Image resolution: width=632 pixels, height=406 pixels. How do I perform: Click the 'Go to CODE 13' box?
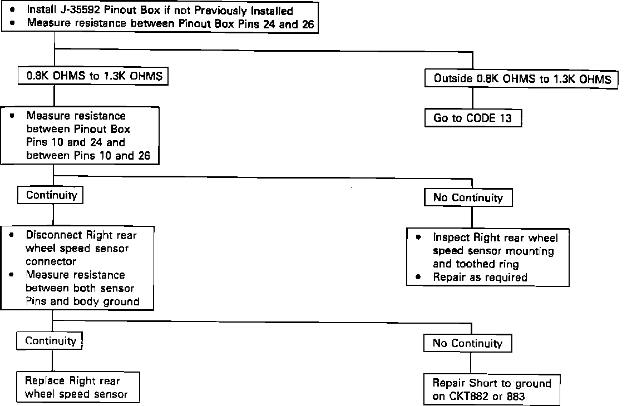pyautogui.click(x=472, y=118)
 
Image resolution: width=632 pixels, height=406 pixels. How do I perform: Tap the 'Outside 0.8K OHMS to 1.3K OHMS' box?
pyautogui.click(x=521, y=79)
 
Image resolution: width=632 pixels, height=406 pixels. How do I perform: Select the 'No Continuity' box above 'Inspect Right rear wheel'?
pyautogui.click(x=468, y=197)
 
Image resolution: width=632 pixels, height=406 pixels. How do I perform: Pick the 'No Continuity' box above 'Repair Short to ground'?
pyautogui.click(x=467, y=343)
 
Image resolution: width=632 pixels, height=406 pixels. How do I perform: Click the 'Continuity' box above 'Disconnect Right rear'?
pyautogui.click(x=51, y=196)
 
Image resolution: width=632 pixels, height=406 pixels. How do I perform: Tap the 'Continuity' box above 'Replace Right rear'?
pyautogui.click(x=51, y=341)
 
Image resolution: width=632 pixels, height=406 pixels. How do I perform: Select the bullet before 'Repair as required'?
pyautogui.click(x=418, y=276)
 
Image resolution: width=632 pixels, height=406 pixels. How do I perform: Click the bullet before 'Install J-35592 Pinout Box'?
pyautogui.click(x=12, y=11)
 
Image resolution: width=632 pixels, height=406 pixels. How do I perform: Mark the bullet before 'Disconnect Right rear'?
pyautogui.click(x=12, y=235)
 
